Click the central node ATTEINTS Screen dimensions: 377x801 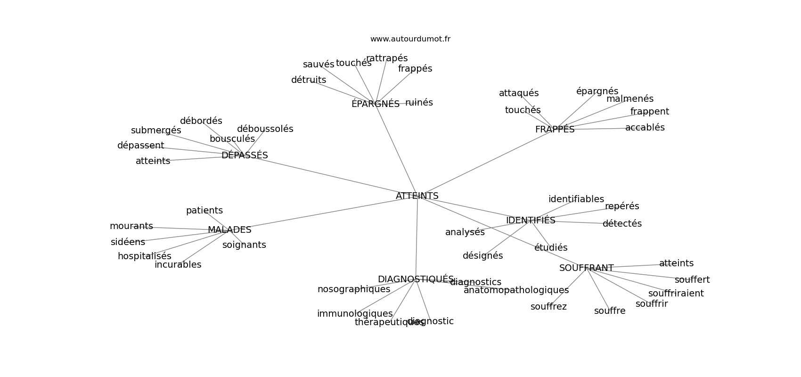click(x=417, y=196)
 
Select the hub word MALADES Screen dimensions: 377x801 click(x=229, y=230)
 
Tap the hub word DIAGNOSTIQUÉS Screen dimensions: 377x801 click(x=416, y=279)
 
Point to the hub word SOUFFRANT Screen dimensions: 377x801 click(x=586, y=268)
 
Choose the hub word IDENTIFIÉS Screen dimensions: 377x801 click(x=531, y=221)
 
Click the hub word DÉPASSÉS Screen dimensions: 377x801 click(x=245, y=156)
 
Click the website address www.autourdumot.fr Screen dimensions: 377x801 click(x=410, y=39)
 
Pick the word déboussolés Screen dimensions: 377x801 click(x=265, y=129)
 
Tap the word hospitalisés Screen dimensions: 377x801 click(x=144, y=256)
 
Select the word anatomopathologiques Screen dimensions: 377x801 click(x=516, y=290)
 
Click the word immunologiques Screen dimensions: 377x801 click(x=355, y=314)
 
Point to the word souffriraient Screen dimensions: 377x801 click(x=676, y=294)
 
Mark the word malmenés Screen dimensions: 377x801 click(x=629, y=99)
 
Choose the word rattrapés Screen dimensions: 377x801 click(x=387, y=58)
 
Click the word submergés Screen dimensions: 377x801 click(x=156, y=131)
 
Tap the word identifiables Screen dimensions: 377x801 click(x=576, y=199)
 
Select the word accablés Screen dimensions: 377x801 click(x=645, y=128)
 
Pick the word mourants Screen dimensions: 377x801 click(x=131, y=226)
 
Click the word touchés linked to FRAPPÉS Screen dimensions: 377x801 click(x=523, y=110)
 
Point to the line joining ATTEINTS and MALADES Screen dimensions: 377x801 click(x=320, y=213)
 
